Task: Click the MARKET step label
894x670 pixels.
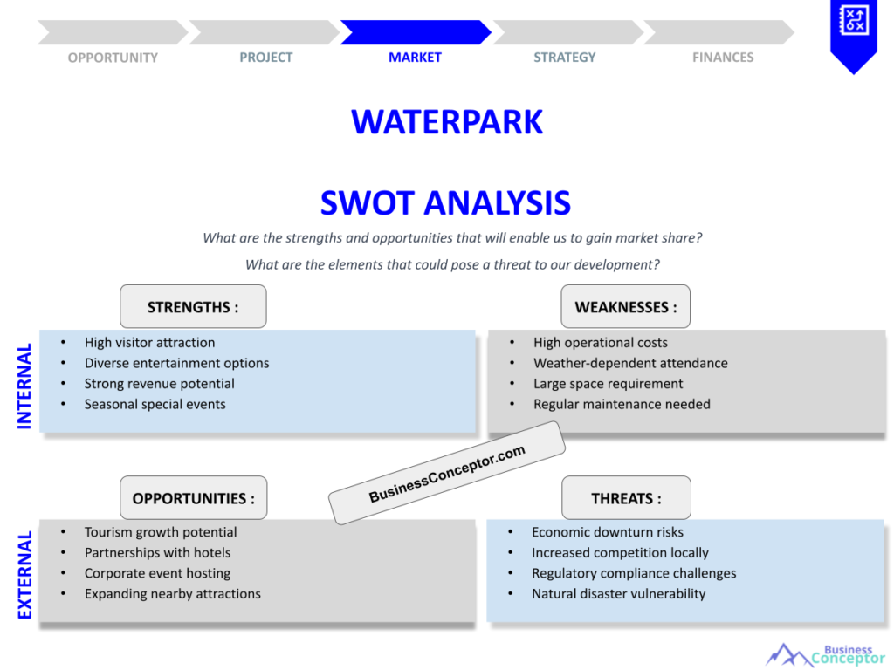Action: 415,58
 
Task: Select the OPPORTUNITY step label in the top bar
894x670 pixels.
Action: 113,58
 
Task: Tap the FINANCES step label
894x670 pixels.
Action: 723,58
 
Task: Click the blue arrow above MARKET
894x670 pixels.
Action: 415,32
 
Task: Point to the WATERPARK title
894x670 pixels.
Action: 447,121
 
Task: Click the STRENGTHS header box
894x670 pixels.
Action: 193,306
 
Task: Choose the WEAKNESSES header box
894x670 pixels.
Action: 625,306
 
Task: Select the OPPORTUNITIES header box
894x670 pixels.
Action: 193,498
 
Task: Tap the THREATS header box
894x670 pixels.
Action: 626,498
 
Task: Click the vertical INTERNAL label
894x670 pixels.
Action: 24,386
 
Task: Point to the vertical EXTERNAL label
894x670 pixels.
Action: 24,575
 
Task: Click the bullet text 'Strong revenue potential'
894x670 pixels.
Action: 159,384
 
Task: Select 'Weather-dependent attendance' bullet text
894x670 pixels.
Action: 630,363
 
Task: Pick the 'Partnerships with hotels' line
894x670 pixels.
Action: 157,552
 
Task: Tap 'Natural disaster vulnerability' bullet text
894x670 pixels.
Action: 618,594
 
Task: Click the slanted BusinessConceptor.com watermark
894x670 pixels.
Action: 447,474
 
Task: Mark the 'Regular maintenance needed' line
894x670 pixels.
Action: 622,404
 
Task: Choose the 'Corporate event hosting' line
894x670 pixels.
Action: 157,573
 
